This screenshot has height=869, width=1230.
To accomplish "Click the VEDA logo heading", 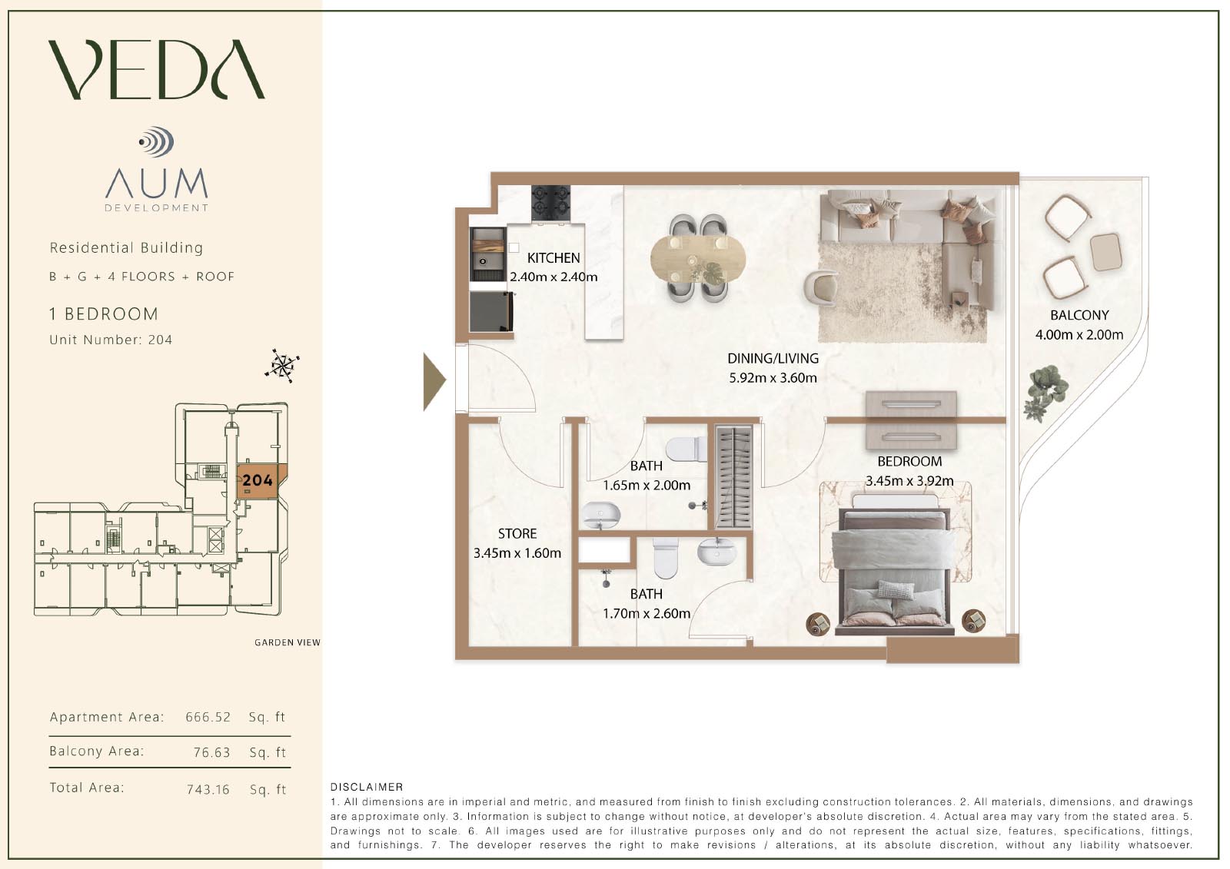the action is pos(157,69).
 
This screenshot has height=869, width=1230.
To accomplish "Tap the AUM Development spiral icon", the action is pos(157,141).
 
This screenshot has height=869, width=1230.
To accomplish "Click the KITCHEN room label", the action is pos(553,258).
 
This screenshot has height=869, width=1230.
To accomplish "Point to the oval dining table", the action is pos(698,259).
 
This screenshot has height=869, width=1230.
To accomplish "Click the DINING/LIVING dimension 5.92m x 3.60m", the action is pos(773,378).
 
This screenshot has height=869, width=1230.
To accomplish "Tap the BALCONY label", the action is pos(1079,315).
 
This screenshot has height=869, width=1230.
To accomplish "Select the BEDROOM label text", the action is pos(909,462).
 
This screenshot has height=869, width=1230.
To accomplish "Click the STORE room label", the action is pos(517,533).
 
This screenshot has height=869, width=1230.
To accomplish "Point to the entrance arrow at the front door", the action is pos(434,382).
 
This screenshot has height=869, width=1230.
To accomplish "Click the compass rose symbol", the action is pos(282,365).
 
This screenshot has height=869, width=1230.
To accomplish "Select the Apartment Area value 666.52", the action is pos(208,717).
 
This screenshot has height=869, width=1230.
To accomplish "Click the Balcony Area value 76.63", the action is pos(212,752).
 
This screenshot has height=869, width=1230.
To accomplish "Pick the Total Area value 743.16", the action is pos(208,789).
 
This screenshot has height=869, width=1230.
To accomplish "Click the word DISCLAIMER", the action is pos(367,787).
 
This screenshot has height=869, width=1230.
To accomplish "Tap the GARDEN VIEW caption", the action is pos(288,642).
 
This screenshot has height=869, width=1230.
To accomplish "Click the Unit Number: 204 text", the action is pos(111,340).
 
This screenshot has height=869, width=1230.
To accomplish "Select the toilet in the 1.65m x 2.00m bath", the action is pos(686,449).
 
